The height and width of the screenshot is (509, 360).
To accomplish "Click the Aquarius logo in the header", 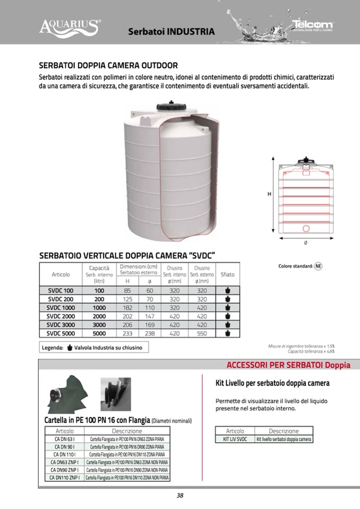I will click(70, 25).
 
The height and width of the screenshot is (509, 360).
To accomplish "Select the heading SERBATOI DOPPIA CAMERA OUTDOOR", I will click(108, 66).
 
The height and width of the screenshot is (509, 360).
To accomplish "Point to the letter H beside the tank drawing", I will click(269, 194).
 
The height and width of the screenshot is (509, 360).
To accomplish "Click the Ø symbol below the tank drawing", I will click(305, 243).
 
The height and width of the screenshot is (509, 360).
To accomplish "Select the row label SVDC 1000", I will click(61, 307).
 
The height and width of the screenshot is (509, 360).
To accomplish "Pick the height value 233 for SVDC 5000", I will click(127, 333).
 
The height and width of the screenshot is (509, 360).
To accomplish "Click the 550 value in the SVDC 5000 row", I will click(202, 333).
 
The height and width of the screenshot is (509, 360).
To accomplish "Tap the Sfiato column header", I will click(227, 274).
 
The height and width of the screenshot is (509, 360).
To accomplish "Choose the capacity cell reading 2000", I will click(99, 316).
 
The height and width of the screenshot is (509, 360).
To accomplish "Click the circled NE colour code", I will click(318, 266).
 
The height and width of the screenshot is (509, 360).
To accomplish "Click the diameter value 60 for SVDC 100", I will click(150, 290).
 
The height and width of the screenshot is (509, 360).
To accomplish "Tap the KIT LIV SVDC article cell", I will click(235, 439).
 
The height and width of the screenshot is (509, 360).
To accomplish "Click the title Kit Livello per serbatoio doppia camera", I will click(272, 383).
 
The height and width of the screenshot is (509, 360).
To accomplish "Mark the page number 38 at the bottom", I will click(180, 496).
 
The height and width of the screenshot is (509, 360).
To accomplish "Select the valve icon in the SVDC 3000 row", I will click(227, 324).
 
